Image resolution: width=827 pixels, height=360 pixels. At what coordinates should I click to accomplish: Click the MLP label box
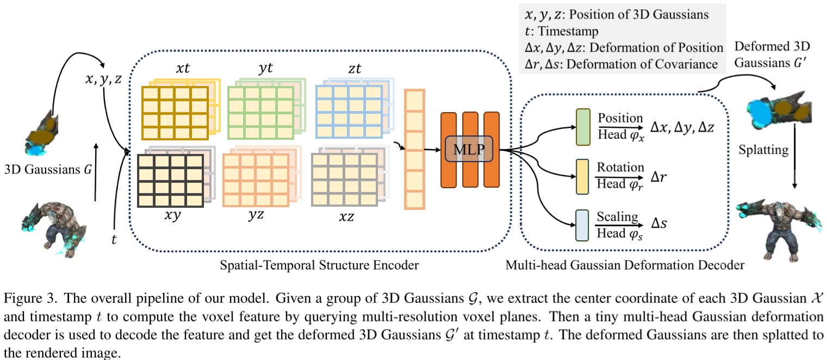click(x=470, y=148)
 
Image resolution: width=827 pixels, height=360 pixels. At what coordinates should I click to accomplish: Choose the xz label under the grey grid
click(x=346, y=216)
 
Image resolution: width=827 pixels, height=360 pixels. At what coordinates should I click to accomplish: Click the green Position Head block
click(x=582, y=127)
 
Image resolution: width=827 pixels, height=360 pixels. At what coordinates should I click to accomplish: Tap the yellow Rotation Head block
click(x=582, y=176)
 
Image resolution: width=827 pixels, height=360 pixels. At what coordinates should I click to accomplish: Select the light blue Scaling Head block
click(x=582, y=225)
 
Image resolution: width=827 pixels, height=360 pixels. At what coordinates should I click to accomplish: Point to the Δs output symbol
click(x=661, y=225)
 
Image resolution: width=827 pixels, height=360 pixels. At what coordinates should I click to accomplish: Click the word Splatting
click(x=763, y=150)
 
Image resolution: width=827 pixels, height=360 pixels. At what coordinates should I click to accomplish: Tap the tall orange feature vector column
click(x=414, y=150)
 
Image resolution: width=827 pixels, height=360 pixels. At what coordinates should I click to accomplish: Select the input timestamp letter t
click(x=114, y=238)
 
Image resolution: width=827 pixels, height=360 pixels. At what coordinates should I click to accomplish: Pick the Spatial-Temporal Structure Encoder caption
click(x=320, y=265)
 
